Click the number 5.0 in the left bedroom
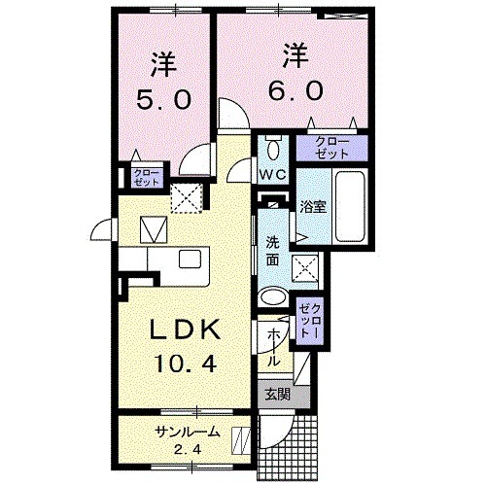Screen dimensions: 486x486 162,99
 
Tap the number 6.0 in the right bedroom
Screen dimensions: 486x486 289,89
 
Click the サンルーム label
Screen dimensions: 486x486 186,433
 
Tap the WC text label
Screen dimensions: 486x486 271,176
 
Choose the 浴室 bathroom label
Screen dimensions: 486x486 313,206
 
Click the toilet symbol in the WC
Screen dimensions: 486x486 272,150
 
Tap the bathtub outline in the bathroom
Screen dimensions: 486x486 350,206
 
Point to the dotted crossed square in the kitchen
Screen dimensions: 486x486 185,197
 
